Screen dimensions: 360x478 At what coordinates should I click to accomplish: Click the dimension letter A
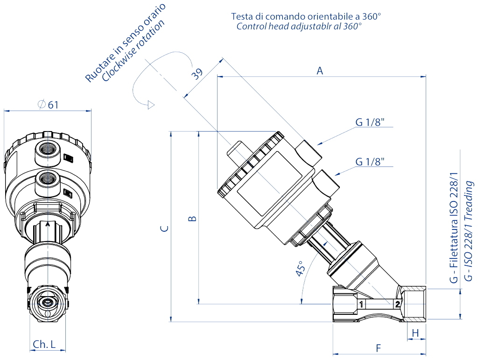point(320,71)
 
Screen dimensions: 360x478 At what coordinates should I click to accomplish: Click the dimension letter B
point(192,218)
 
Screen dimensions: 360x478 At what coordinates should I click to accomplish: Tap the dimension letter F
point(379,347)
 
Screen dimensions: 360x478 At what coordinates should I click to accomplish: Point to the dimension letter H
point(415,332)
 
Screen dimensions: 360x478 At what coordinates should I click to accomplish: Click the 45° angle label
point(301,269)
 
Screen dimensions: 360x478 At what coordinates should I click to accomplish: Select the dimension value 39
point(197,74)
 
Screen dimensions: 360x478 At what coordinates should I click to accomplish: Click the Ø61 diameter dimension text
point(48,104)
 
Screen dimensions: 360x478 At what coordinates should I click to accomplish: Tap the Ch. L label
point(44,344)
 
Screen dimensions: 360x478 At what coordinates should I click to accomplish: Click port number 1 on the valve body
point(361,305)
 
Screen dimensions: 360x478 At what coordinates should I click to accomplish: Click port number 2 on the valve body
point(397,305)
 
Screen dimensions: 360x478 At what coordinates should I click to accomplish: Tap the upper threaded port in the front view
point(49,149)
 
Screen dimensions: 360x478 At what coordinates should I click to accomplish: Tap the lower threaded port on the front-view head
point(48,178)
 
